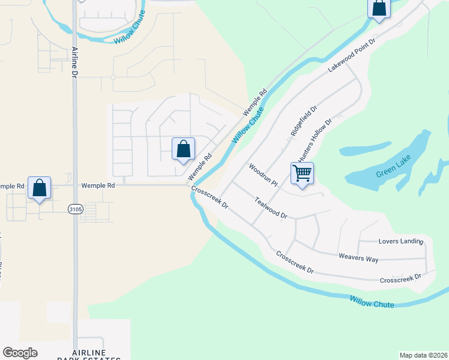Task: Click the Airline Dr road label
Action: (75, 62)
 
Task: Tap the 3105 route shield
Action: (75, 209)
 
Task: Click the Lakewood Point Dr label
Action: (351, 56)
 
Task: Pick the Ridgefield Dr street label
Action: (303, 120)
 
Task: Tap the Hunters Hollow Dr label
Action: (315, 140)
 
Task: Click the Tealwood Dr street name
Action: (271, 208)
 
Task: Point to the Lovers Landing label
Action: (401, 242)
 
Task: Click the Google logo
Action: (20, 352)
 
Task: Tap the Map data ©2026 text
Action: (423, 355)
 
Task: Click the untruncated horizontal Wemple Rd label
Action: (98, 186)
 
